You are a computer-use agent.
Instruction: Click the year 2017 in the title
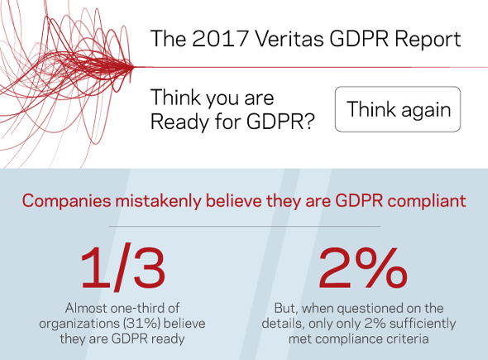[x=220, y=39]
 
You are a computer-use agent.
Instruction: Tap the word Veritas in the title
[x=289, y=39]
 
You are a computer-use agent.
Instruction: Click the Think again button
[x=398, y=109]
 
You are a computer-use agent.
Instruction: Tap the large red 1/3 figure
[x=123, y=268]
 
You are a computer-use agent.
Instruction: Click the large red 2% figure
[x=363, y=267]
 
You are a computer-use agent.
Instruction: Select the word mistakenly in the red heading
[x=159, y=200]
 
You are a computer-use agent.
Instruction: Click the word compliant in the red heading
[x=426, y=201]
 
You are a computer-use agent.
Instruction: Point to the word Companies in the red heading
[x=66, y=201]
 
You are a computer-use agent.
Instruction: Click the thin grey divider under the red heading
[x=244, y=227]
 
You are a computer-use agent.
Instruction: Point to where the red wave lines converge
[x=132, y=67]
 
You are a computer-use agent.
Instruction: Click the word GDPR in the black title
[x=359, y=39]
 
